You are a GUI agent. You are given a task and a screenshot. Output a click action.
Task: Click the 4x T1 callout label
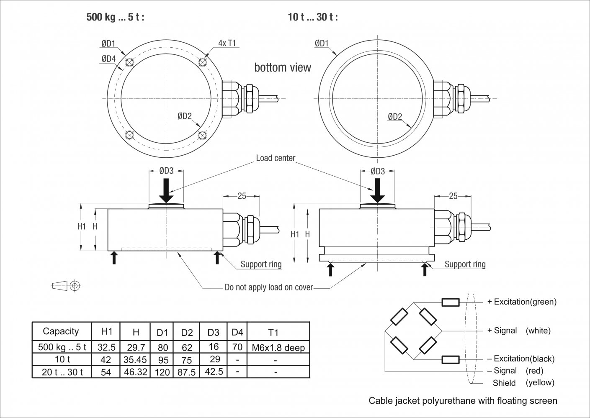tap(227, 43)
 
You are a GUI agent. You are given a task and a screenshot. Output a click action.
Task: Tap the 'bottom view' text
tap(283, 68)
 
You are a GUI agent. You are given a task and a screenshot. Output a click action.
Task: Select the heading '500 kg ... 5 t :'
tap(115, 18)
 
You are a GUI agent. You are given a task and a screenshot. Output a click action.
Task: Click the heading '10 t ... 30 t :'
tap(313, 18)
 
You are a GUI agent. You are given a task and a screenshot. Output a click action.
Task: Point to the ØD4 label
tap(108, 59)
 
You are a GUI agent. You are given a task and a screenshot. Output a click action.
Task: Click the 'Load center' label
tap(276, 158)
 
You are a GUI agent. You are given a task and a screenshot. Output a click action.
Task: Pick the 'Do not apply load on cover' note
tap(269, 287)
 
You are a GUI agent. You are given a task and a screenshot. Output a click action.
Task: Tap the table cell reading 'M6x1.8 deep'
tap(278, 348)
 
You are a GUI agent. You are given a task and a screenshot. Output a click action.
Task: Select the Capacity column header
tap(61, 332)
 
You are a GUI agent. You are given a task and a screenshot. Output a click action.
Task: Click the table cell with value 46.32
tap(135, 372)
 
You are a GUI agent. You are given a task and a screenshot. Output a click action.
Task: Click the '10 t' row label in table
tap(62, 359)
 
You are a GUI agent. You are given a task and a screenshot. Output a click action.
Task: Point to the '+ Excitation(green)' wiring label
tap(522, 302)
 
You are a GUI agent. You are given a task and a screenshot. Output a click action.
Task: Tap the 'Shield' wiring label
tap(504, 383)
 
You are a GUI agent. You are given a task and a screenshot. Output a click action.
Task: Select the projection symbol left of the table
tap(66, 286)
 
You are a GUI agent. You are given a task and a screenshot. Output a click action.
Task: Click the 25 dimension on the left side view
tap(242, 196)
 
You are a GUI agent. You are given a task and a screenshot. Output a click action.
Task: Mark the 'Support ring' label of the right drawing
tap(465, 264)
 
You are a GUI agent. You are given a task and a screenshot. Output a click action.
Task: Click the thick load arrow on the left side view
tap(166, 190)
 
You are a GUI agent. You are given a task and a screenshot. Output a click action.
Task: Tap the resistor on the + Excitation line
tap(450, 303)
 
